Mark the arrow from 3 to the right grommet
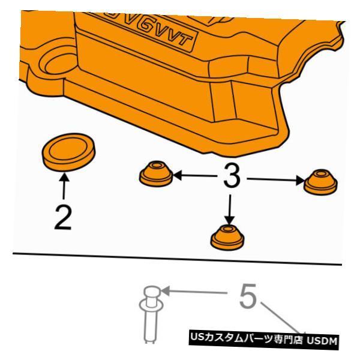pos(273,178)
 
